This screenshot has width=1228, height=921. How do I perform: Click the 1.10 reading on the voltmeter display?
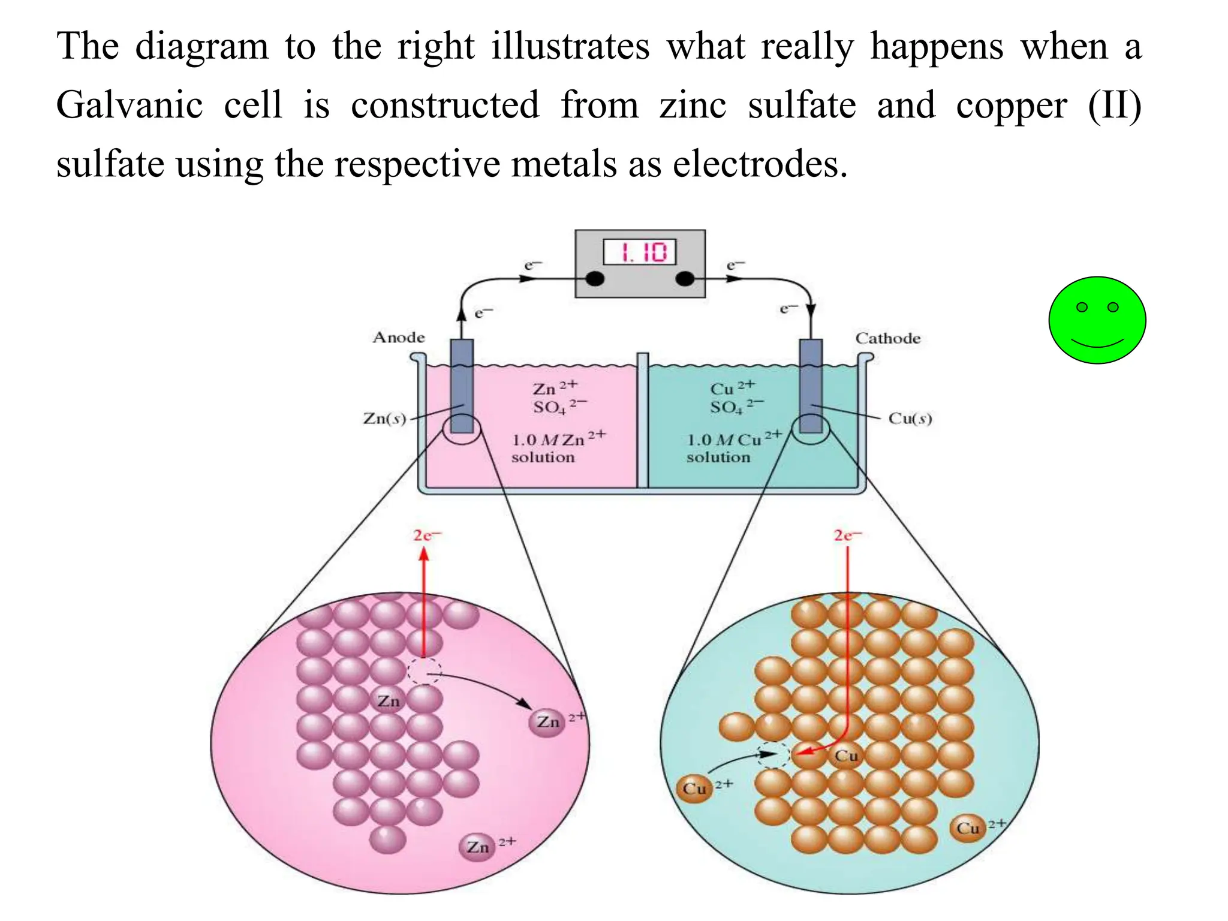pos(640,252)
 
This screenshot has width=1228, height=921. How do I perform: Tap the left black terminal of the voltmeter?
pos(594,279)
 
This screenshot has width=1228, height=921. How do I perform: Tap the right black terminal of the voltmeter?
pos(685,279)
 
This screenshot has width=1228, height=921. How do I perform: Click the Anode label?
pos(399,338)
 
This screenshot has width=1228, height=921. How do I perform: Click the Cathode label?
pos(887,338)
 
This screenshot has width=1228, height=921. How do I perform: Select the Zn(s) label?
pos(384,418)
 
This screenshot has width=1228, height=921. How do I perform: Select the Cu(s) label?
pos(910,418)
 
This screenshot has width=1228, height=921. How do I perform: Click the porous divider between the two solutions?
pos(642,420)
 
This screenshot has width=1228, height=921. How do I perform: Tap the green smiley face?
pos(1097,320)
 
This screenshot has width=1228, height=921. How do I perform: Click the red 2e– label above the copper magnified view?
pos(847,535)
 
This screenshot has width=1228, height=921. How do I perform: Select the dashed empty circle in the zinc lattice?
pos(425,671)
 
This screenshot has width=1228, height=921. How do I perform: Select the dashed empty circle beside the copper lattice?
pos(773,755)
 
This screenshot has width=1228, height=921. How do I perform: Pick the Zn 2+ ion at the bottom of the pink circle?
pos(478,847)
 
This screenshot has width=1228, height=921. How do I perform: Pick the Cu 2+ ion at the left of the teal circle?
pos(694,788)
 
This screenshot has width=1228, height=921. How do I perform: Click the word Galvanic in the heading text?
pos(130,105)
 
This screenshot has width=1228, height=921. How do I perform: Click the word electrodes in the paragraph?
pos(760,164)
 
